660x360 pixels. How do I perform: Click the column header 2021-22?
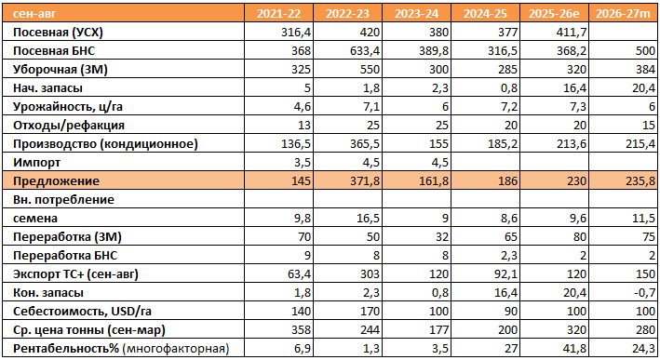coord(278,14)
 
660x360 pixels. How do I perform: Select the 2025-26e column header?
coord(554,14)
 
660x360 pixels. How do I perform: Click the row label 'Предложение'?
coord(57,180)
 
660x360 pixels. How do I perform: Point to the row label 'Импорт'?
coord(36,163)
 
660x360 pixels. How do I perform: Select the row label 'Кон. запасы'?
coord(48,292)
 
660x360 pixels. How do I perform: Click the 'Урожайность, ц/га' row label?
coord(68,107)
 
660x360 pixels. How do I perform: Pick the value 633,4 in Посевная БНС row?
coord(365,51)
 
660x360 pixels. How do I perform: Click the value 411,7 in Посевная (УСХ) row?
coord(572,33)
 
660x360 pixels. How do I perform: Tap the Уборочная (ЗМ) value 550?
coord(370,70)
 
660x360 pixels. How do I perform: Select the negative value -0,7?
coord(644,292)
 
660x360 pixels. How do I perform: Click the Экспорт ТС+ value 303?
coord(370,273)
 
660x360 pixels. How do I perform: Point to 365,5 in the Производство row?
coord(365,144)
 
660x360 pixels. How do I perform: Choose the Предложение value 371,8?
coord(365,180)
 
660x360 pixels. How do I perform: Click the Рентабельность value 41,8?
coord(574,348)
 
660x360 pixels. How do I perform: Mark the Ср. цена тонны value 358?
coord(301,329)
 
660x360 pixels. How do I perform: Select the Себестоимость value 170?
coord(370,312)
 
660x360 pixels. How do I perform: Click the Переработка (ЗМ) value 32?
coord(442,237)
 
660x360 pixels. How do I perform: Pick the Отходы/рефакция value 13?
coord(303,126)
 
